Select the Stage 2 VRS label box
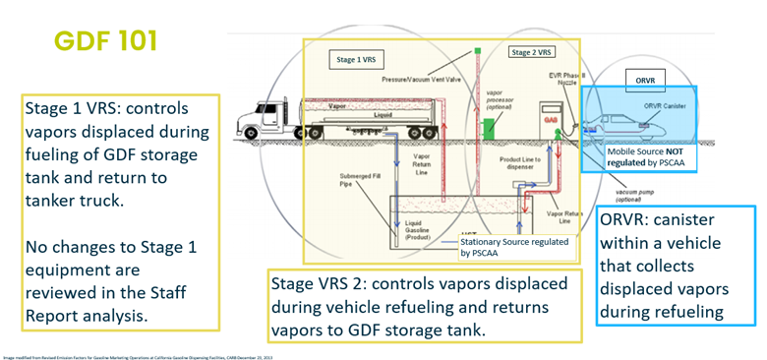(531, 51)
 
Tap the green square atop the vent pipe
(476, 49)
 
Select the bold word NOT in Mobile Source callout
(678, 152)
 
